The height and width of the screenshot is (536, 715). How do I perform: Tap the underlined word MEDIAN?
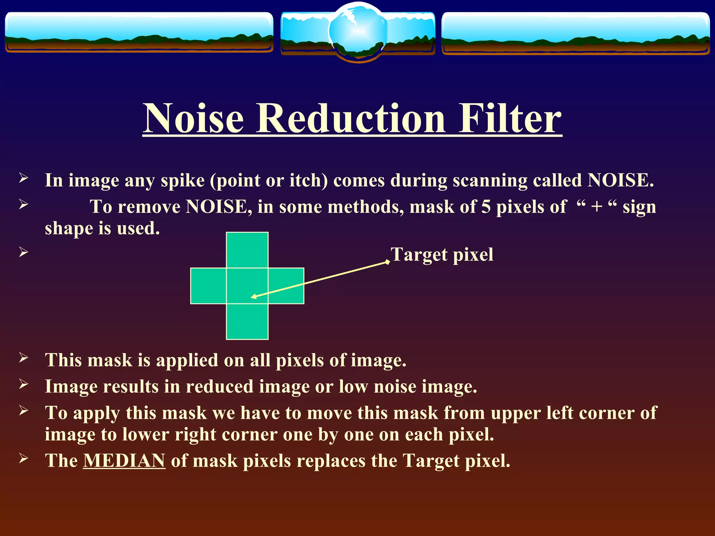124,461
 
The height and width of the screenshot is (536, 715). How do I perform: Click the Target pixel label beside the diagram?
442,254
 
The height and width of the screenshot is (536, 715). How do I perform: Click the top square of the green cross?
247,250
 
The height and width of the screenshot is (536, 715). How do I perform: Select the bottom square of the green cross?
247,321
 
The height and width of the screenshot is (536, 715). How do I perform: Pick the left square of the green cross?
208,286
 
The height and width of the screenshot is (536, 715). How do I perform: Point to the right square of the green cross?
286,286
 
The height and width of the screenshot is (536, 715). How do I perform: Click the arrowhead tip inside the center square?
252,297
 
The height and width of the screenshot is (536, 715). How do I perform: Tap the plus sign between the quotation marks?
597,207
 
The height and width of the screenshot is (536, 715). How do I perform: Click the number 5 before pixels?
486,207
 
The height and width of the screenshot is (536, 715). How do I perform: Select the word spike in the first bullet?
182,180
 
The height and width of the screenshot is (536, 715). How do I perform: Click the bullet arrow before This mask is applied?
23,358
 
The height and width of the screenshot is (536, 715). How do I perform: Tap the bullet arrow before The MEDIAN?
23,458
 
